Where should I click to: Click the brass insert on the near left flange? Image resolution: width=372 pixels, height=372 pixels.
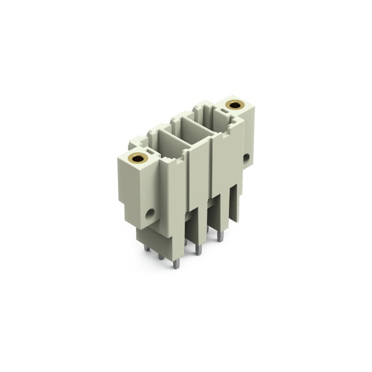(138, 157)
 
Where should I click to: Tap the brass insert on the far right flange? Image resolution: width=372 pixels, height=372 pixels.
(235, 105)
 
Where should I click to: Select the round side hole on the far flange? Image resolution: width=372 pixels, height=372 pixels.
(246, 157)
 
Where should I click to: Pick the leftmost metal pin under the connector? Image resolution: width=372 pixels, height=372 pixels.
(146, 248)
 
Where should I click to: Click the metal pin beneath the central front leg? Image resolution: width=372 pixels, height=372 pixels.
(198, 250)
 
